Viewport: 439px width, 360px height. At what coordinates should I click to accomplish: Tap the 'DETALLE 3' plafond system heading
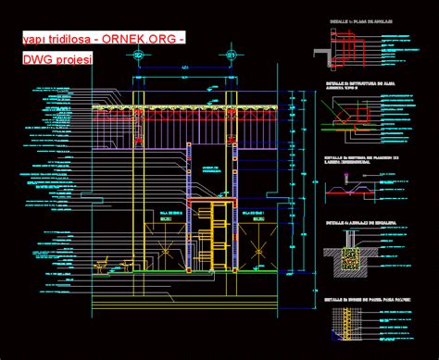(x=361, y=159)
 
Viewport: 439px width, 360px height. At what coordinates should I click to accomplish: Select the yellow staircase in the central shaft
(x=219, y=236)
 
